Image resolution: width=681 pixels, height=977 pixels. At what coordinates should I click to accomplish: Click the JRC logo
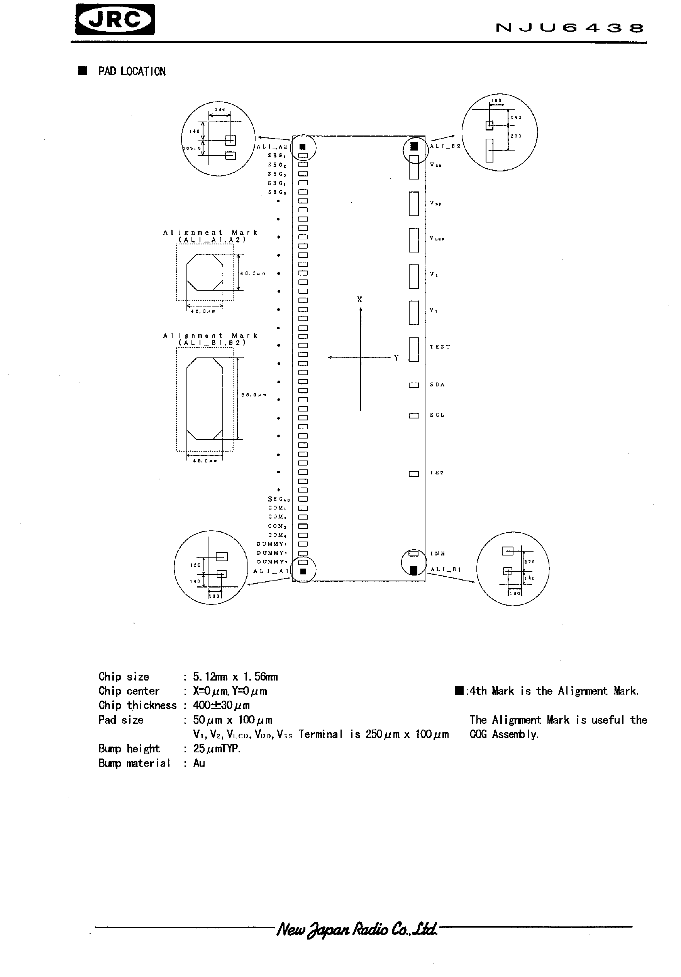point(115,20)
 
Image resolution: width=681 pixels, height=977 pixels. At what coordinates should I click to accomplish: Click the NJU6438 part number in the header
point(569,28)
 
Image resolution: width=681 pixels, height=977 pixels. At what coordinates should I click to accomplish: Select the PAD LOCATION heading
point(132,71)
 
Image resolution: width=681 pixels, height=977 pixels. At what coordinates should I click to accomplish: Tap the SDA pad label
point(437,385)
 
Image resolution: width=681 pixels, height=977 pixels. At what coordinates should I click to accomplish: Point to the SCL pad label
point(437,415)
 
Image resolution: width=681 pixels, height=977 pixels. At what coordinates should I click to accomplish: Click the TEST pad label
point(440,347)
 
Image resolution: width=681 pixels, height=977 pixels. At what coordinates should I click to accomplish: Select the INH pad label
point(437,554)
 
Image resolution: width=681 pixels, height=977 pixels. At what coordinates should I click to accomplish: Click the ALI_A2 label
point(272,147)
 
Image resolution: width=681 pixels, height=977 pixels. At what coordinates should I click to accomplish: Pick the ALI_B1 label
point(446,569)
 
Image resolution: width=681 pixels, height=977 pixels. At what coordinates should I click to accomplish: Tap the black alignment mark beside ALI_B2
point(414,147)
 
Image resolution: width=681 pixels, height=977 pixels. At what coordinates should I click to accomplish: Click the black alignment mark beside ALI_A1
point(303,571)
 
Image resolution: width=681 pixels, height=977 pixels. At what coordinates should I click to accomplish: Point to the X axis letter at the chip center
point(360,300)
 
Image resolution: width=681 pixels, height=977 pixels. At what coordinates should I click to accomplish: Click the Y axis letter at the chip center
point(396,358)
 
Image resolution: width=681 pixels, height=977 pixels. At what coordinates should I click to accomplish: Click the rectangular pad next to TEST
point(414,349)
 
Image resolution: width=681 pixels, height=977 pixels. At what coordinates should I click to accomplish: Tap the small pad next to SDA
point(414,385)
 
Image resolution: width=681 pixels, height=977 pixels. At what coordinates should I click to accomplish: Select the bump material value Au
point(199,763)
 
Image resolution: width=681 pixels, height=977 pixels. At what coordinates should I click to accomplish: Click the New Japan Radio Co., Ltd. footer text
point(357,930)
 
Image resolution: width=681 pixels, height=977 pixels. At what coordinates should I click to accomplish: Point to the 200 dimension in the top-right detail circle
point(516,136)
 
